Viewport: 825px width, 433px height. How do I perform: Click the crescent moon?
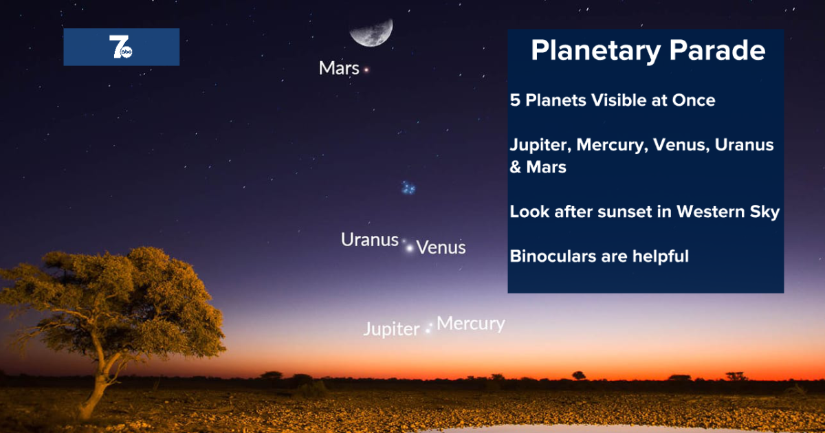pyautogui.click(x=371, y=31)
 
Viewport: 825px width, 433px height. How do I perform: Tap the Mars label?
pyautogui.click(x=339, y=69)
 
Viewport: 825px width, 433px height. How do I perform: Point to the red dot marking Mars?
pyautogui.click(x=366, y=69)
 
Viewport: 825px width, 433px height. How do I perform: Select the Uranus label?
pyautogui.click(x=370, y=240)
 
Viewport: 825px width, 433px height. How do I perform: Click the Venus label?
pyautogui.click(x=441, y=247)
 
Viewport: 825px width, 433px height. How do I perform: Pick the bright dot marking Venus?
pyautogui.click(x=410, y=247)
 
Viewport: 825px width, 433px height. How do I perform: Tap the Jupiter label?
pyautogui.click(x=391, y=329)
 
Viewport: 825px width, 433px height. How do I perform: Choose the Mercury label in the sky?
pyautogui.click(x=471, y=323)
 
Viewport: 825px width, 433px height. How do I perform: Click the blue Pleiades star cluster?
pyautogui.click(x=409, y=187)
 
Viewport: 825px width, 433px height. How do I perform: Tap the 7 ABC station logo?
pyautogui.click(x=121, y=47)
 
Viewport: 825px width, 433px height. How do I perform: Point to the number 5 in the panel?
pyautogui.click(x=515, y=100)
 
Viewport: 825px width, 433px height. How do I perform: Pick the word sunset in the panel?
pyautogui.click(x=623, y=212)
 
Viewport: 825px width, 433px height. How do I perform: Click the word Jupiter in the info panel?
pyautogui.click(x=540, y=146)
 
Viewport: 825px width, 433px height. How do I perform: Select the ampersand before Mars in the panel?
pyautogui.click(x=516, y=167)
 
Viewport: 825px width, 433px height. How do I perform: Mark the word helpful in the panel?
pyautogui.click(x=660, y=256)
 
